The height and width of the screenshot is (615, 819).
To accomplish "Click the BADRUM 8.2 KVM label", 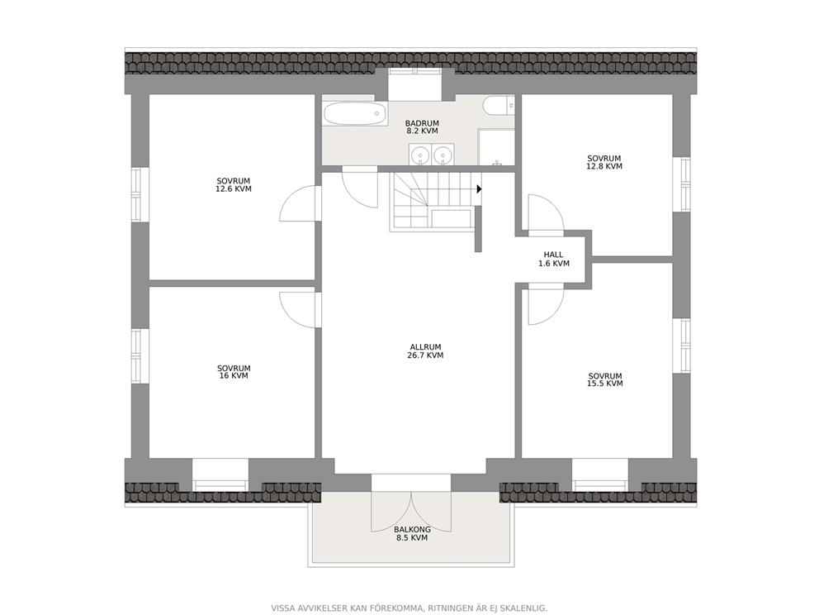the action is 422,127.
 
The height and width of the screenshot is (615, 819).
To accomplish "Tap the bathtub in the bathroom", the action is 355,113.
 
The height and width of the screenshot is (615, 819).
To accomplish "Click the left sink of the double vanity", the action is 420,155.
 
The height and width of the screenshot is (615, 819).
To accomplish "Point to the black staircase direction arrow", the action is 479,188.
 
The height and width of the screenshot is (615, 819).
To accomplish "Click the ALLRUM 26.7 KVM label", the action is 425,351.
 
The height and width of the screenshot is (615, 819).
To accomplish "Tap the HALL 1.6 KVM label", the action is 554,259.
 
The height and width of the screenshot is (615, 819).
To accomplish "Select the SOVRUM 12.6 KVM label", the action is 234,185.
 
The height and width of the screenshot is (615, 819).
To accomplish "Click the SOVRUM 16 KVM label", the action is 234,372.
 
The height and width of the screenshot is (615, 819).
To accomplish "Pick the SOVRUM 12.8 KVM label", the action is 604,162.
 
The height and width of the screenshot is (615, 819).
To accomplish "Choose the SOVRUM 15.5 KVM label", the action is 605,379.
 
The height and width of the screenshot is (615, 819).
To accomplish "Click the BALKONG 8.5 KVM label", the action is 413,533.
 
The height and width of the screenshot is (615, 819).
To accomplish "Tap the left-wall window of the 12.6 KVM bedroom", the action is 136,194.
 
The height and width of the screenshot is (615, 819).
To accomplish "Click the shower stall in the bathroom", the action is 496,147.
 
